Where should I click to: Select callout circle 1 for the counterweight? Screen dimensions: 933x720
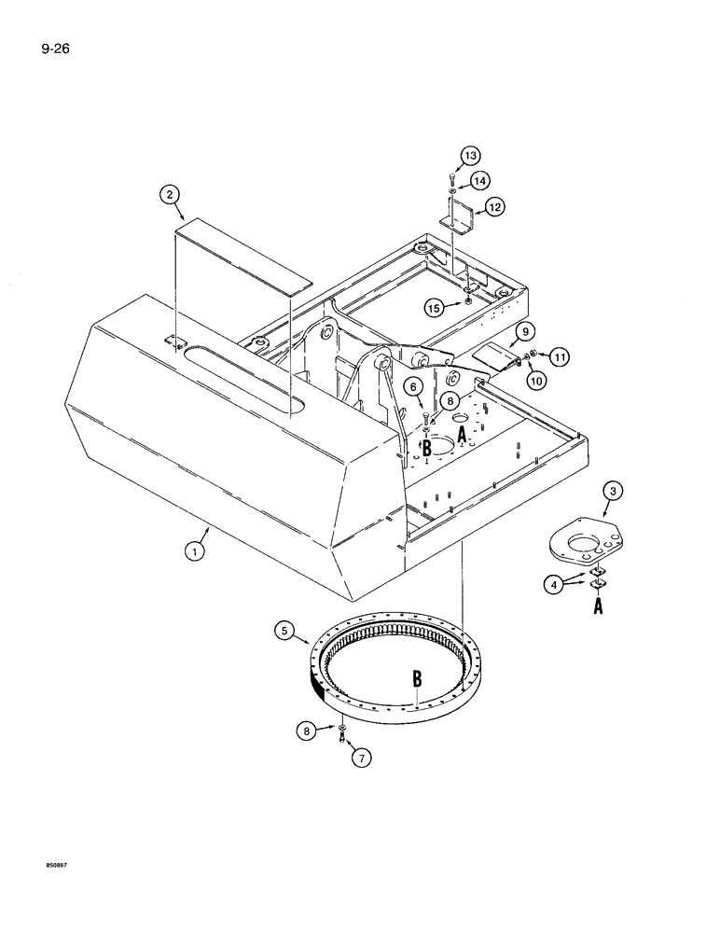[194, 551]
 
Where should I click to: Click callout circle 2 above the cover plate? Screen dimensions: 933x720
[169, 194]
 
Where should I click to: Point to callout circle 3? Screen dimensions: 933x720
[613, 491]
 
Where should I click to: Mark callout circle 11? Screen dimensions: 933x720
[558, 355]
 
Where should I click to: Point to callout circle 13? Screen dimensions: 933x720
[469, 155]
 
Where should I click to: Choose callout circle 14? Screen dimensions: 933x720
[479, 179]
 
